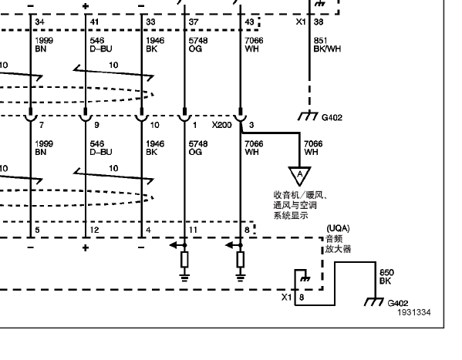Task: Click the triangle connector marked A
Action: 300,175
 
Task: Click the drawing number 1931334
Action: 414,312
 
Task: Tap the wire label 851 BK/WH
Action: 327,45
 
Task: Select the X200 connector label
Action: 222,125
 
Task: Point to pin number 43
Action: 249,22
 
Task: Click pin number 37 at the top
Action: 194,22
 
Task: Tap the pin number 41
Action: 94,22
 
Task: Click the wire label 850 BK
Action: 386,277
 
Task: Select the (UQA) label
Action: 338,228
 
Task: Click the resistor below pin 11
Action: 184,260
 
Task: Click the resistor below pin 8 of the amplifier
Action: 241,260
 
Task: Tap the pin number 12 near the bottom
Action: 94,230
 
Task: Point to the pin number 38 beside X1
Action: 319,22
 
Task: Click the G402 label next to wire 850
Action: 398,303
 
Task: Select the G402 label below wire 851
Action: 332,117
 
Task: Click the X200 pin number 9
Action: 96,125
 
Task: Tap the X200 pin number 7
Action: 42,125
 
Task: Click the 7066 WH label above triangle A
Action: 313,148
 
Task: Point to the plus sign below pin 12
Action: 86,247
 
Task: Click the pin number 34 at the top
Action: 40,22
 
